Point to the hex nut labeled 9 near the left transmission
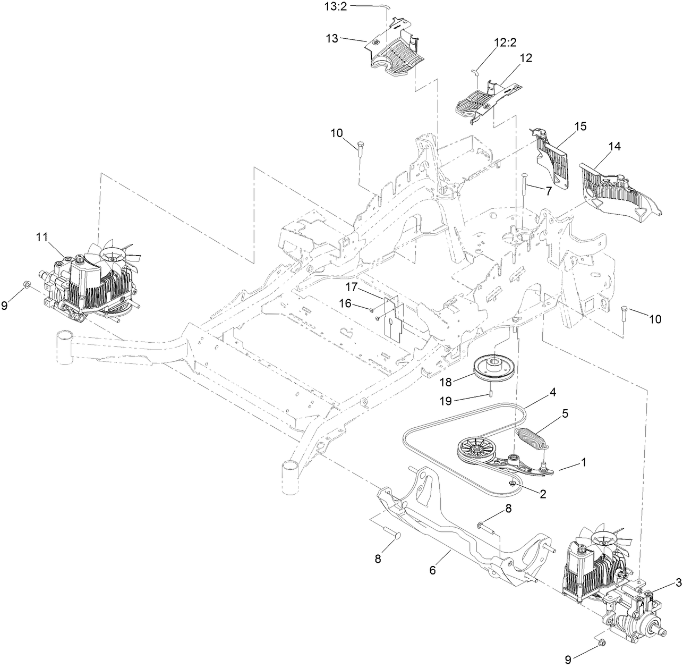pyautogui.click(x=27, y=288)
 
